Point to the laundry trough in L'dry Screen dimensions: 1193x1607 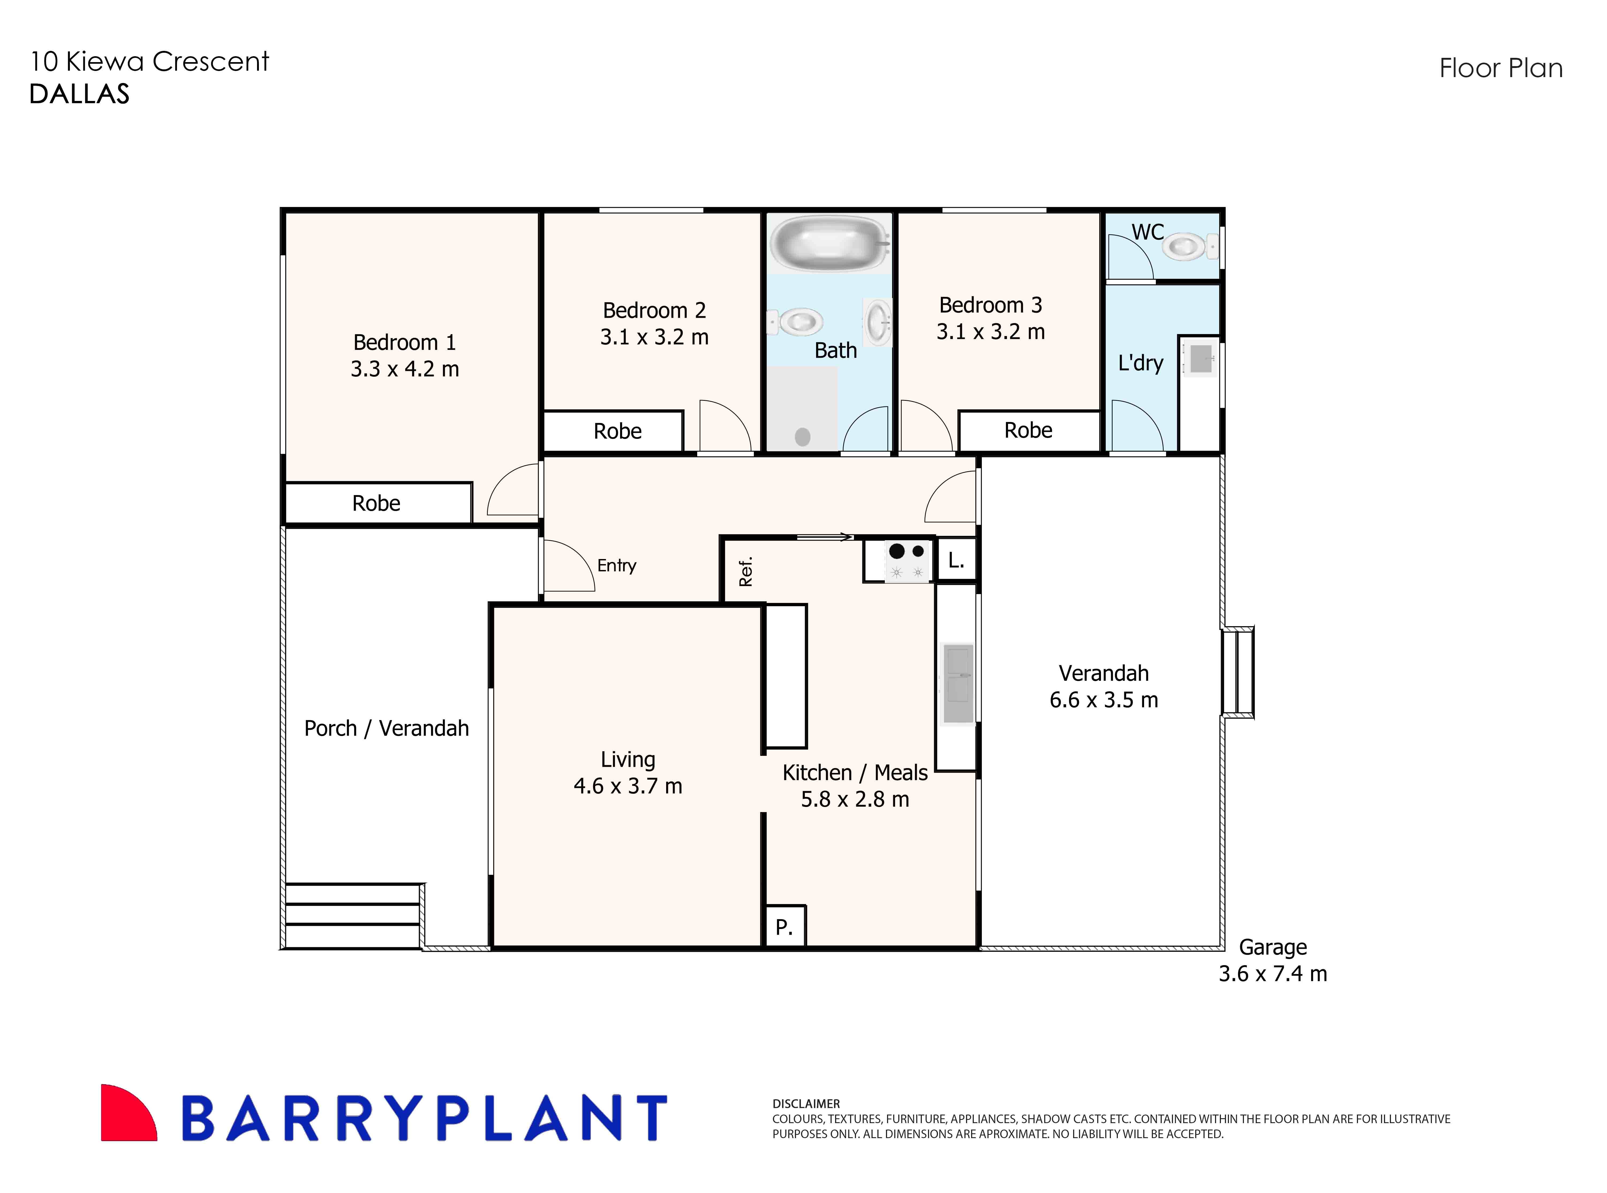[1200, 359]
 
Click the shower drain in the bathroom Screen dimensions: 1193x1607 [802, 436]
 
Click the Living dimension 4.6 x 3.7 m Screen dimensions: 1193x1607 [628, 786]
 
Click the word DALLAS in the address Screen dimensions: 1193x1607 [80, 94]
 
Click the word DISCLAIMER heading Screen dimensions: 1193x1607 [806, 1104]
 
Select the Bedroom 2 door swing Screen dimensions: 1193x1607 [725, 426]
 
